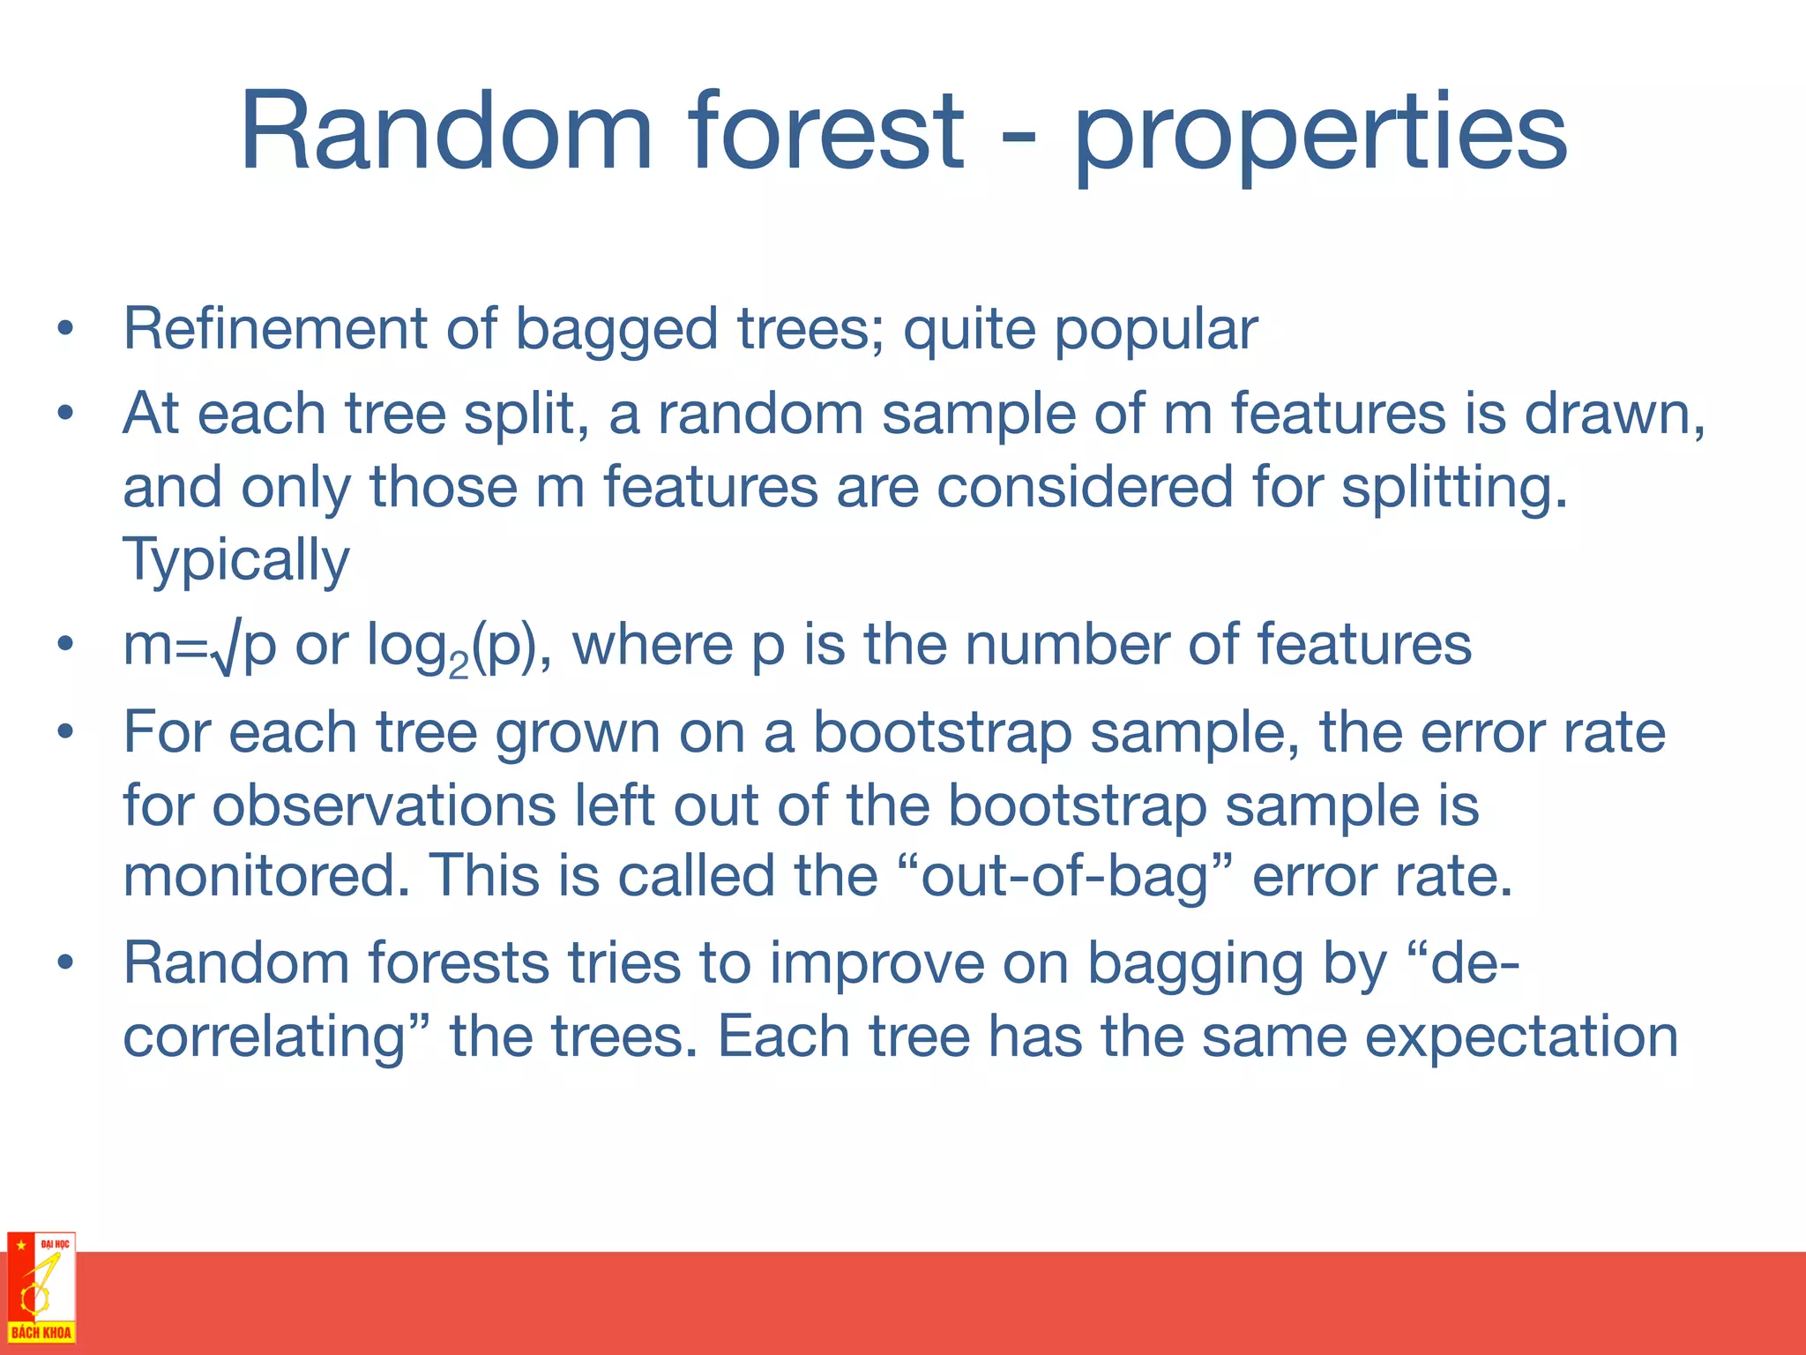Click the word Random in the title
point(446,132)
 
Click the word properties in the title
point(1320,137)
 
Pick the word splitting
point(1454,489)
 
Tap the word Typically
point(236,561)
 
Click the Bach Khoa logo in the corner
point(41,1288)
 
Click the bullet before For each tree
point(63,732)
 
